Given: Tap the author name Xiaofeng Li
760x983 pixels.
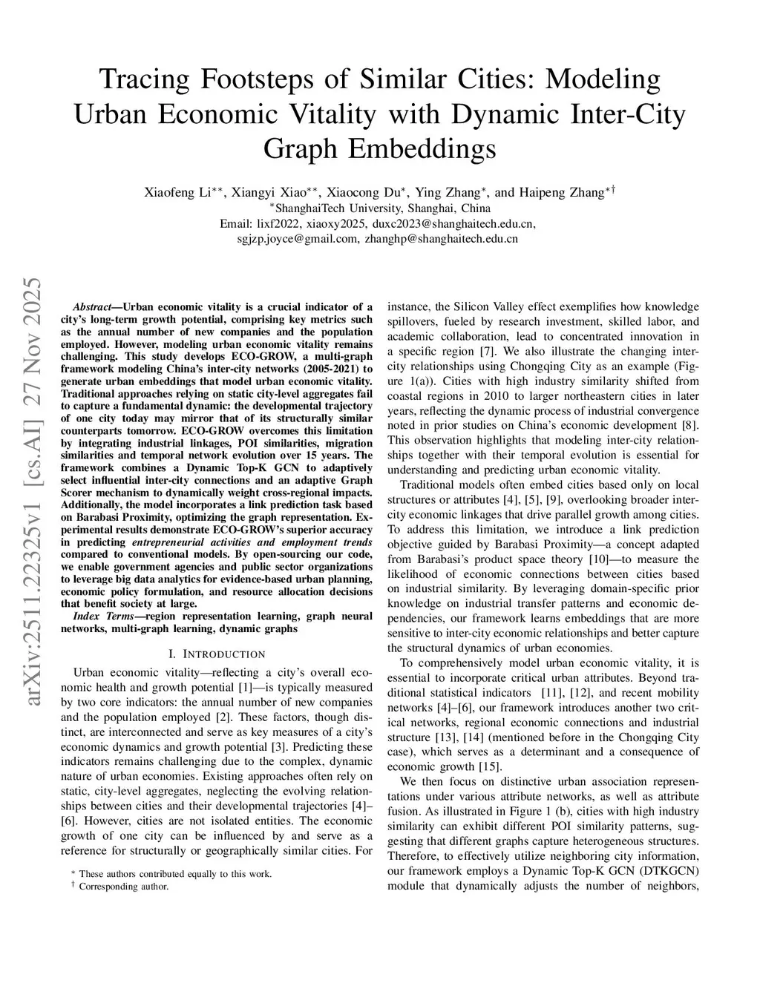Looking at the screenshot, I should [179, 192].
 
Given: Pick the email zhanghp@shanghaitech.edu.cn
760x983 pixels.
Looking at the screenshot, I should [442, 239].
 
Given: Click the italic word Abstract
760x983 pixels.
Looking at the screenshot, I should [93, 306].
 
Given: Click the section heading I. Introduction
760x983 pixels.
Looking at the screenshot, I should [216, 654].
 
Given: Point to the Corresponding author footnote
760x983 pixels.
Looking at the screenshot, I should [124, 886].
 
